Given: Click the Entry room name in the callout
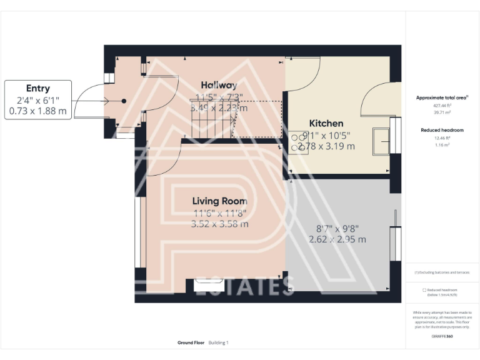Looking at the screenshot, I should (37, 89).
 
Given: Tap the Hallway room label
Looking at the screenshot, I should (218, 86).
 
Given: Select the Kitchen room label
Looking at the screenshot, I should (326, 124).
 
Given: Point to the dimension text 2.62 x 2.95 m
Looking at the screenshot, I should (337, 239).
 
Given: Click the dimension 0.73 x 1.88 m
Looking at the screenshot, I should (37, 111).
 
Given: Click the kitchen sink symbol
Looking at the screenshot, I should (381, 141).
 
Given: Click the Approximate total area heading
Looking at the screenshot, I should (442, 98).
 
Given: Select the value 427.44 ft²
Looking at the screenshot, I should (442, 106).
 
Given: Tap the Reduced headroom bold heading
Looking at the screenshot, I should (442, 130).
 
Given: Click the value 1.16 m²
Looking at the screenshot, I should (442, 144).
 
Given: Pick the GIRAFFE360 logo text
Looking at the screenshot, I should (442, 336).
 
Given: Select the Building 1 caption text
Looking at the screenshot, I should (219, 342).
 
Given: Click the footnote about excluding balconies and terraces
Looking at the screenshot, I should (442, 272).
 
